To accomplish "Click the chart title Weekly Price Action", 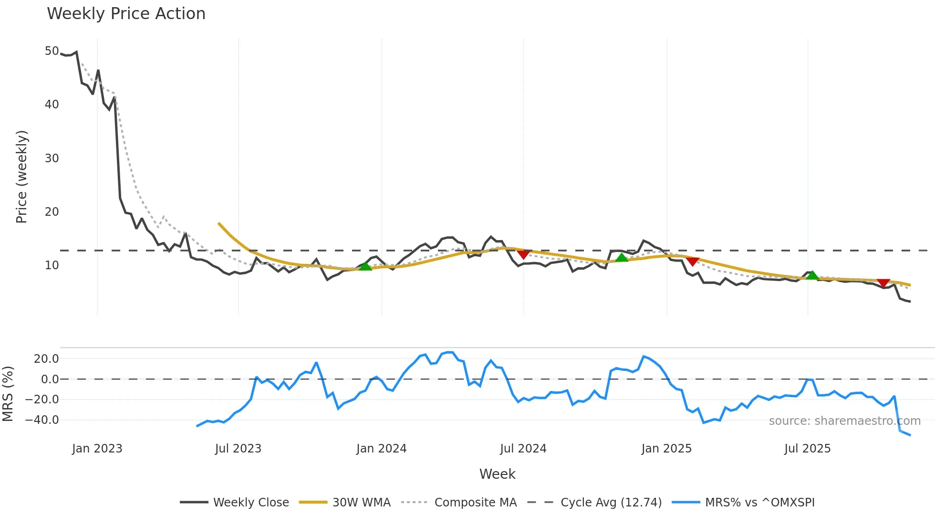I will (x=126, y=14).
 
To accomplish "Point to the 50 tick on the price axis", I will (x=52, y=51).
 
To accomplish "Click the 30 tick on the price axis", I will (x=52, y=158).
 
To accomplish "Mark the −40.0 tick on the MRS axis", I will (x=42, y=420).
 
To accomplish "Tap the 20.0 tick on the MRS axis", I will (x=46, y=359).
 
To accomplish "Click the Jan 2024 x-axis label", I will (x=381, y=449).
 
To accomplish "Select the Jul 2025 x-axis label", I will (x=807, y=449).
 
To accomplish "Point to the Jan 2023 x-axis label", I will (x=97, y=449).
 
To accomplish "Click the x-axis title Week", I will (x=497, y=474).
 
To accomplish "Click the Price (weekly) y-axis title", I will (x=21, y=177).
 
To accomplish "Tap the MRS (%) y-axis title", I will (x=8, y=394).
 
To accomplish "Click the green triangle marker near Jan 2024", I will (x=365, y=266).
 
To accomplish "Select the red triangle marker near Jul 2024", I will (x=523, y=254).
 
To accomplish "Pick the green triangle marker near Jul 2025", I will (x=812, y=275).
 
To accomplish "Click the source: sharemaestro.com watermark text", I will (x=844, y=421).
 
